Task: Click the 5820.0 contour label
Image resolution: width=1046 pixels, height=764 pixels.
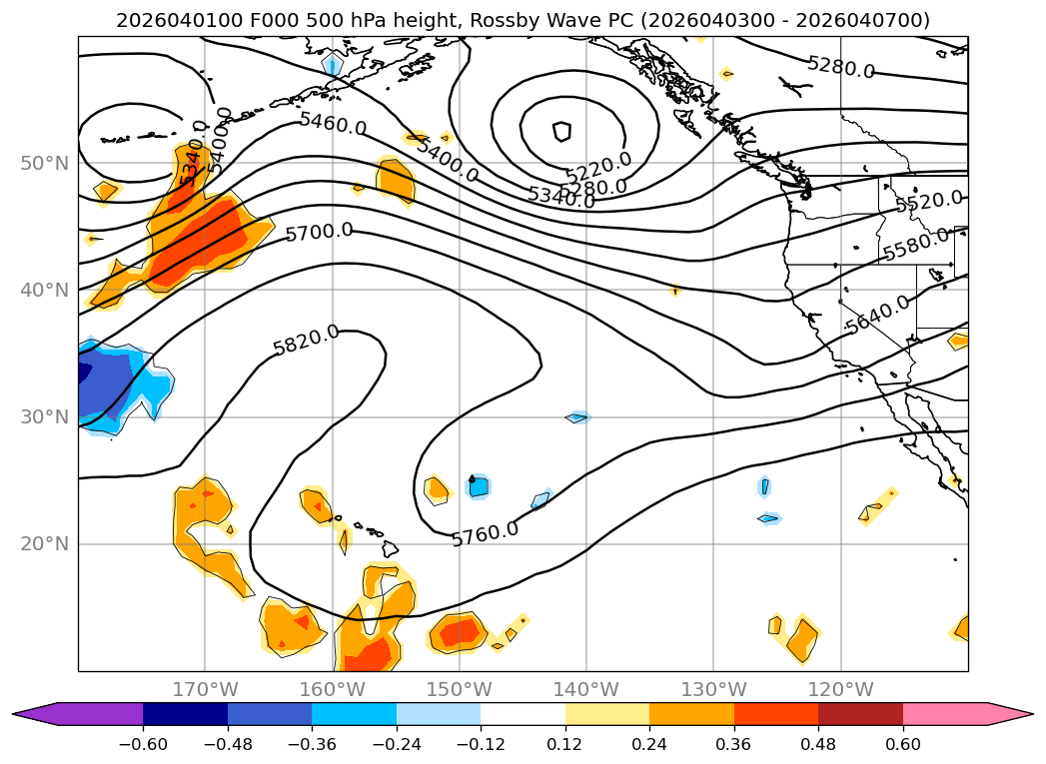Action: (x=306, y=340)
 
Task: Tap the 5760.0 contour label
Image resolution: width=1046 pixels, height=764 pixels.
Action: (x=485, y=534)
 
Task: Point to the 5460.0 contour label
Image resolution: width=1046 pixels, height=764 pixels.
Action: (x=333, y=125)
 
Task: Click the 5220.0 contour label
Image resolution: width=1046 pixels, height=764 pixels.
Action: (x=598, y=166)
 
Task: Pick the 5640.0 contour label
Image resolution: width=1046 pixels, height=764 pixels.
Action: (x=876, y=314)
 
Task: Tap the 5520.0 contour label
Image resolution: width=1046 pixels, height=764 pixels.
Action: (x=929, y=202)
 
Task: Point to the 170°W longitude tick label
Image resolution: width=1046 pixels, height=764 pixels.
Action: (x=205, y=689)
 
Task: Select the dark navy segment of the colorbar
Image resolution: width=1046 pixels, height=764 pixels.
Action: (x=185, y=714)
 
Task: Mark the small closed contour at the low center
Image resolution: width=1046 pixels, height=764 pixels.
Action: (x=561, y=131)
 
